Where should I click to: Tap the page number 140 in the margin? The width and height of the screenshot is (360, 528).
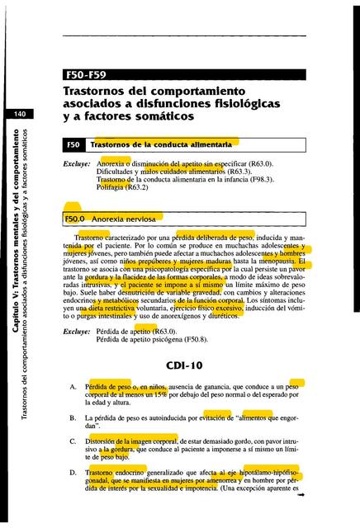[x=17, y=113]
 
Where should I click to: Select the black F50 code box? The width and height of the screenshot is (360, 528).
[x=73, y=144]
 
